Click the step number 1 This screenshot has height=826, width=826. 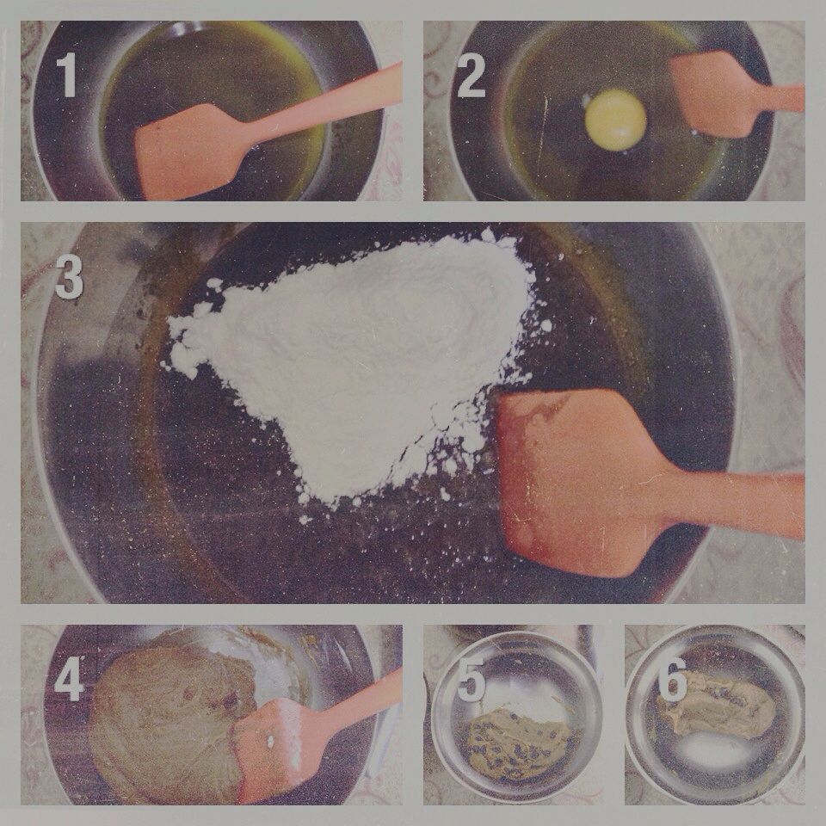click(67, 75)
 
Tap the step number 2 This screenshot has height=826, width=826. click(471, 77)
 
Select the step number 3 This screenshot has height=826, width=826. click(69, 278)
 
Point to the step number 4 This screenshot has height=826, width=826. click(69, 679)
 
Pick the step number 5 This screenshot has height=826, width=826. click(472, 680)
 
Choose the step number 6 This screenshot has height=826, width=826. click(673, 679)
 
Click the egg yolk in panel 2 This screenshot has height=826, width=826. click(615, 120)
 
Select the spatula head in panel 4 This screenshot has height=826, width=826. click(277, 748)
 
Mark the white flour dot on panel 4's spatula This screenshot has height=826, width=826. click(270, 742)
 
